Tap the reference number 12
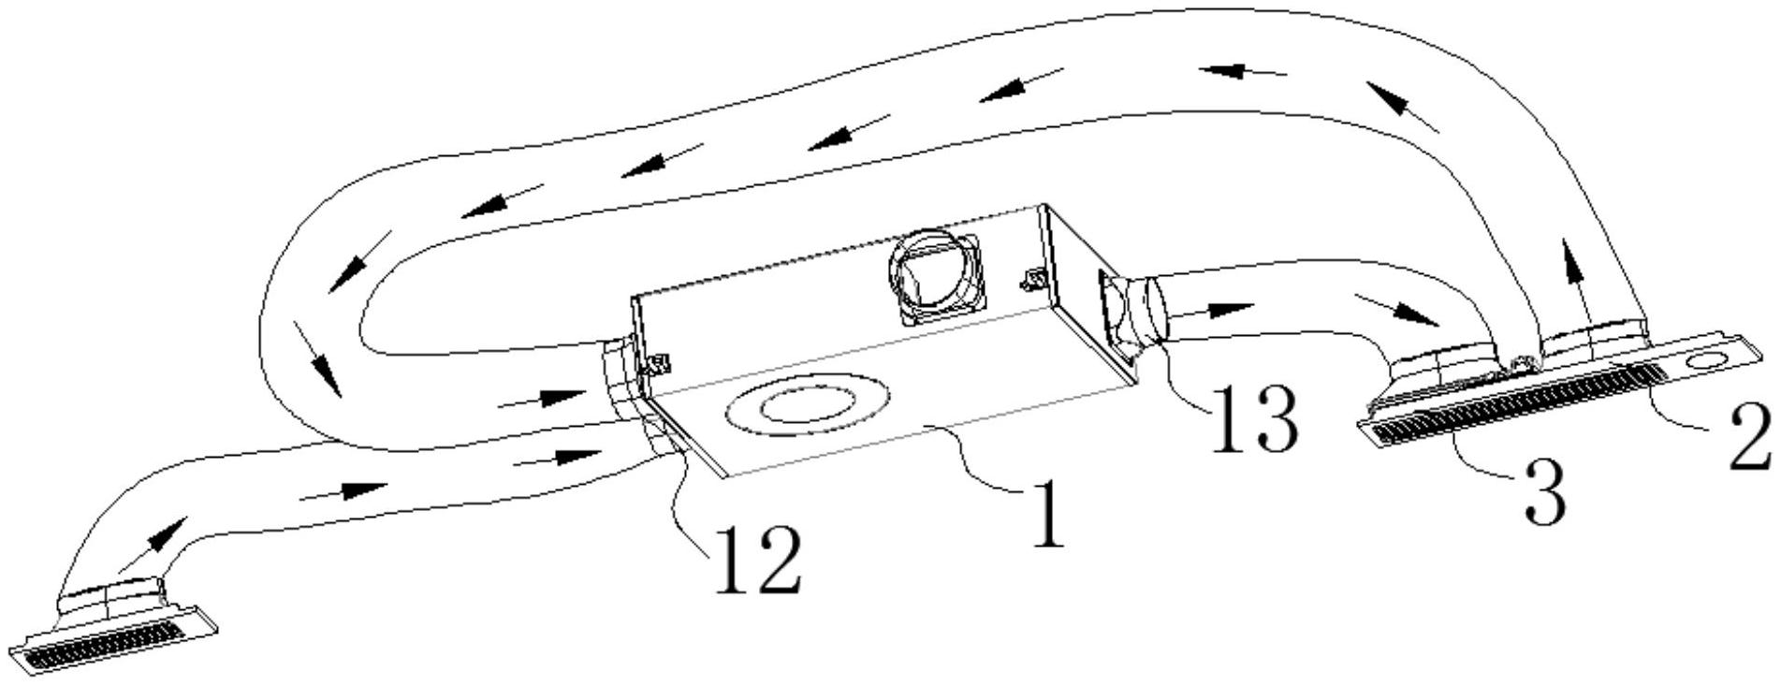coord(758,560)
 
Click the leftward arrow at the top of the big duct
coord(1240,70)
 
